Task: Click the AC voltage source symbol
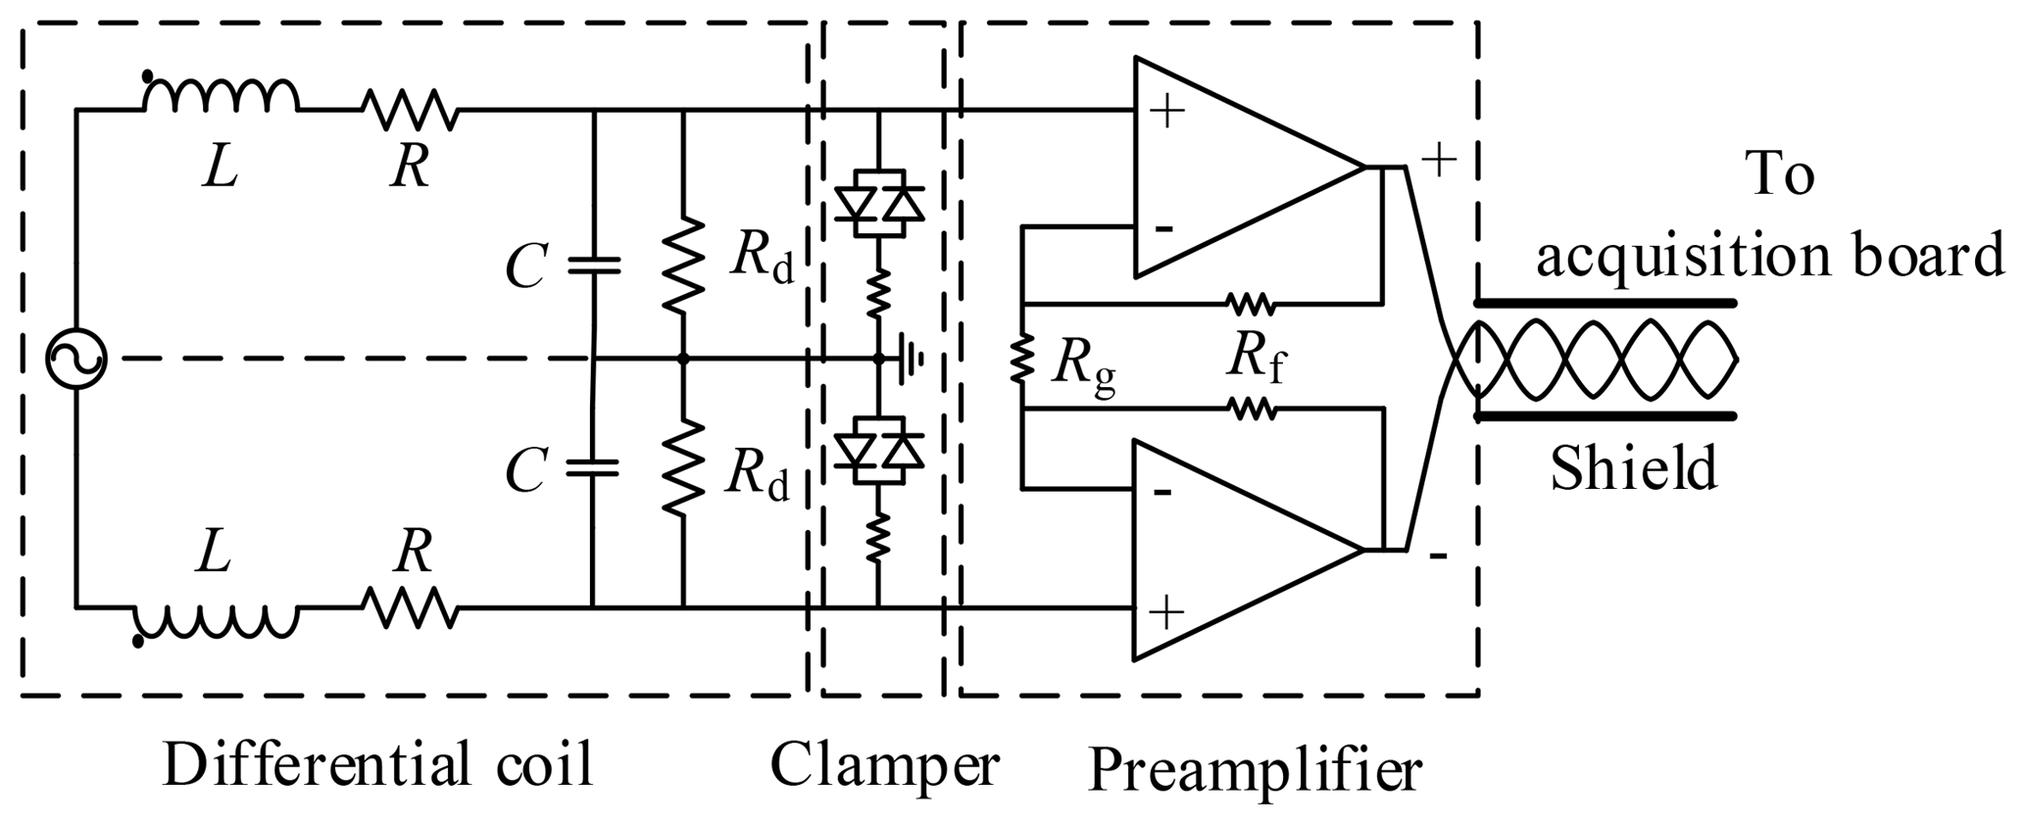coord(76,359)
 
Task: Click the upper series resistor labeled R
coord(411,110)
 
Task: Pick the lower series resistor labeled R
coord(411,607)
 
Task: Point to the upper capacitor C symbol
coord(593,265)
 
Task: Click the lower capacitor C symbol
coord(593,467)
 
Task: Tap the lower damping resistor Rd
coord(683,467)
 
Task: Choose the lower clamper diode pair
coord(879,450)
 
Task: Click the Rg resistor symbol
coord(1022,360)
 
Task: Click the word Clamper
coord(884,765)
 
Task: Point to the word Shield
coord(1633,468)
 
